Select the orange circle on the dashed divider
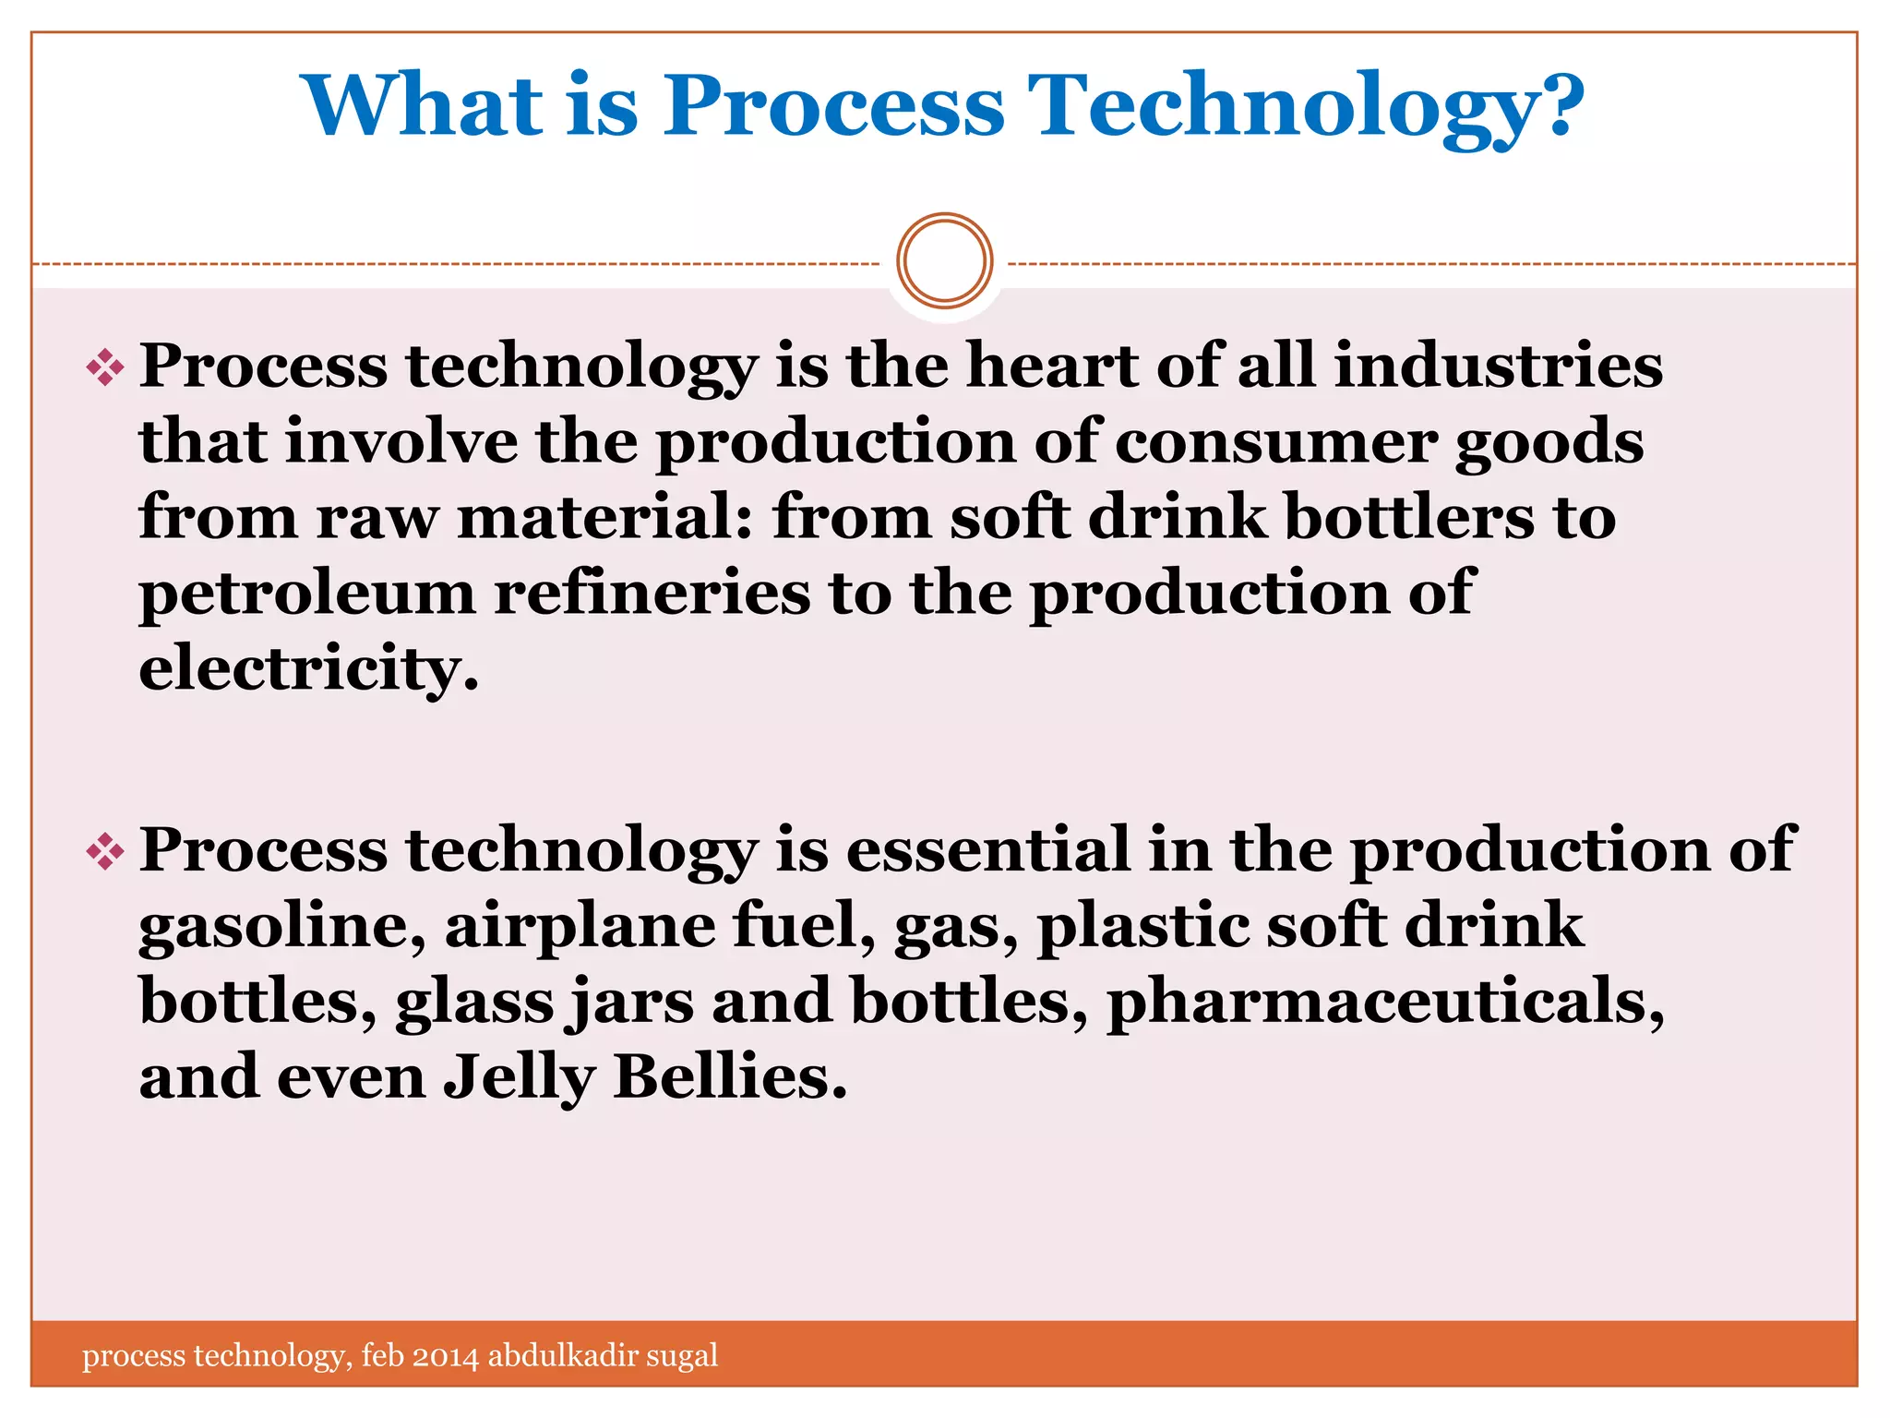pos(944,261)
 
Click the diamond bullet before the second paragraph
pos(105,851)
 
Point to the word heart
pos(1051,366)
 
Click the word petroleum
pos(307,593)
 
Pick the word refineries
pos(652,593)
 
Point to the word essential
pos(987,849)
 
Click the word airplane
pos(580,927)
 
